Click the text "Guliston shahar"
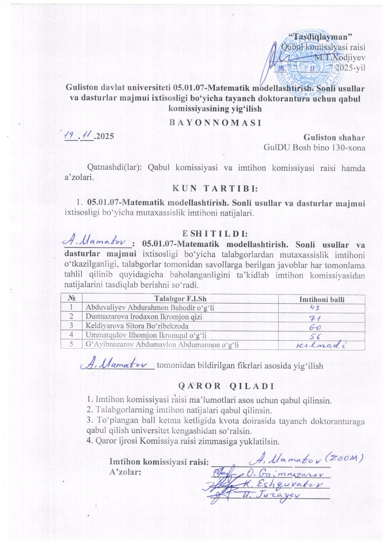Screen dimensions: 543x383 tap(334, 138)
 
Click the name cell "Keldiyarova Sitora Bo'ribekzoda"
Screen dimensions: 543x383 tap(137, 326)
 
